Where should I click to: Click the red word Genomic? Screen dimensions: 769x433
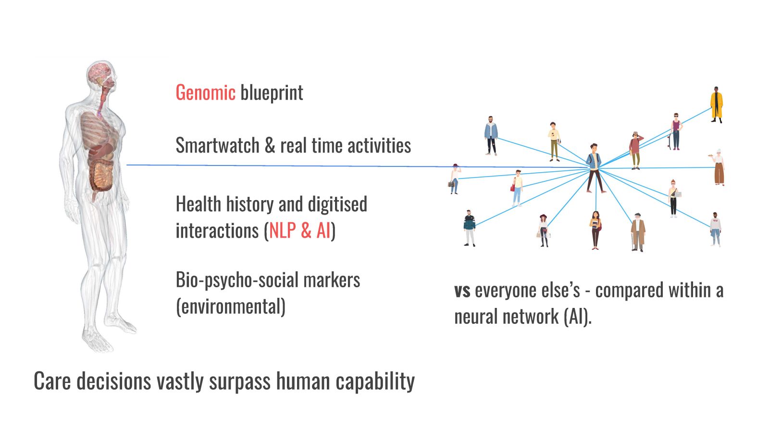click(x=205, y=92)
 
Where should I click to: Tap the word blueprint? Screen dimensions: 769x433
click(x=272, y=93)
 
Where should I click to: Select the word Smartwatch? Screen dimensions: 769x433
click(x=217, y=145)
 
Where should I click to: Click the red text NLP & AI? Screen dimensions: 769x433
click(x=300, y=230)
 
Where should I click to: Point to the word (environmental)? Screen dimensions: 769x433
click(x=230, y=306)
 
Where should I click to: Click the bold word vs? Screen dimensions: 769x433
click(x=462, y=291)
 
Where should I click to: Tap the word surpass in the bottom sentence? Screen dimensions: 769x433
click(x=240, y=382)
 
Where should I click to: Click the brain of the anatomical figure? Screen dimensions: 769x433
click(x=99, y=73)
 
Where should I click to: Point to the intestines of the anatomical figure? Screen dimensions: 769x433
click(x=102, y=176)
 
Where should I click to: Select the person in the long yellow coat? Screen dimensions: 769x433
click(x=716, y=104)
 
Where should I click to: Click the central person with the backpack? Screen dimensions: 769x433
click(x=595, y=168)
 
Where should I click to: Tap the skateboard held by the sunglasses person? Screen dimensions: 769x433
click(x=669, y=141)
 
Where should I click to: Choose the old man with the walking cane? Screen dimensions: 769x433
click(x=638, y=232)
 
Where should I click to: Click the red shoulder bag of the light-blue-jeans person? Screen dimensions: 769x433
click(x=513, y=187)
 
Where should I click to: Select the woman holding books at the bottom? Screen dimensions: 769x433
click(x=595, y=230)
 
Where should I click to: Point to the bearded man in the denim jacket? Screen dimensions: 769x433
click(x=491, y=136)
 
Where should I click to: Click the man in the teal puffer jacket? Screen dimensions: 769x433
click(x=469, y=228)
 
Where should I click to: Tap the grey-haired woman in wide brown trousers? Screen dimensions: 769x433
click(x=719, y=167)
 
